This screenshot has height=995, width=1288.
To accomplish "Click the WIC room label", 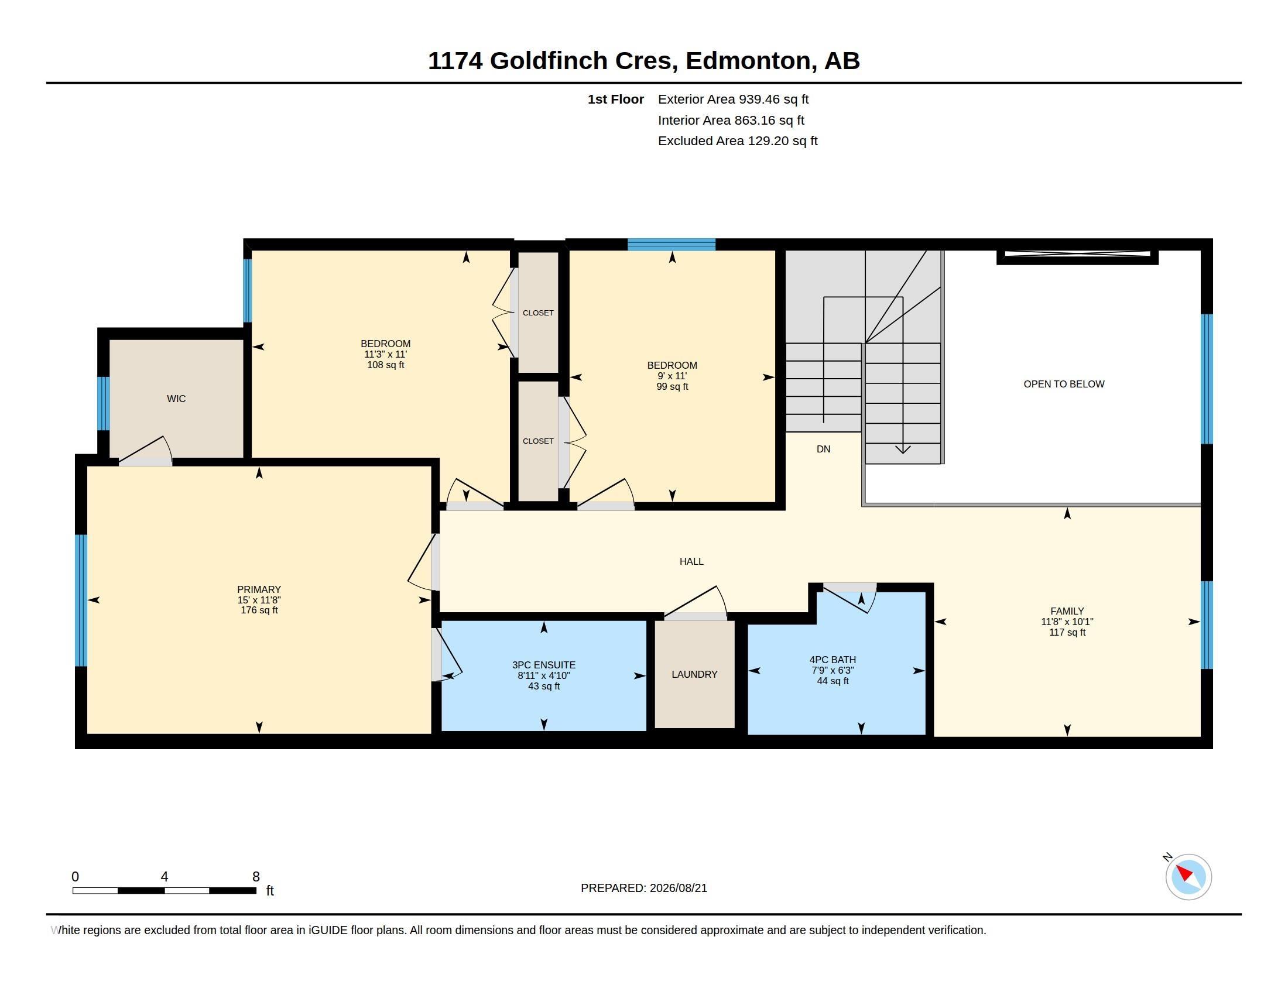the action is click(176, 399).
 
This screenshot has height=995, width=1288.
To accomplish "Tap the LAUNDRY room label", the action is click(694, 674).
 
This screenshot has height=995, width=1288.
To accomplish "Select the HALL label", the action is click(691, 562).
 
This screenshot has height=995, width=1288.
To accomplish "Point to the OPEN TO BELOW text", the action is click(1064, 385).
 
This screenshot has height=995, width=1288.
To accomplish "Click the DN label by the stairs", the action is click(823, 449).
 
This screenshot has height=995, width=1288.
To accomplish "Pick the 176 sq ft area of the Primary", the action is click(259, 610).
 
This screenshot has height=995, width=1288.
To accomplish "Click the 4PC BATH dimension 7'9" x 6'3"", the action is click(833, 670).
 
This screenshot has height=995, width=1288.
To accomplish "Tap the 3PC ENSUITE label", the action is click(544, 665).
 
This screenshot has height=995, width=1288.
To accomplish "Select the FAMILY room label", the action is click(1067, 611).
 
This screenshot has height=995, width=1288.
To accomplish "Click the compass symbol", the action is click(1188, 877).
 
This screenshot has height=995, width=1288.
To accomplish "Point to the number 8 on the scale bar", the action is click(256, 877).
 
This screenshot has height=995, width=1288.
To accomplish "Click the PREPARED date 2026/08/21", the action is click(678, 888).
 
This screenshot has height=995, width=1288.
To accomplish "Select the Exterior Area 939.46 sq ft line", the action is click(733, 99).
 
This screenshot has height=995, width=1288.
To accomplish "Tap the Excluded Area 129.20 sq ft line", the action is click(738, 141).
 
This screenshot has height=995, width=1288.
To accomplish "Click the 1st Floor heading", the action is click(616, 99).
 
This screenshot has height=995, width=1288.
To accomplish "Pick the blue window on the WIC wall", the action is click(103, 403).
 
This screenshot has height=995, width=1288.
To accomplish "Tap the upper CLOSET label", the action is click(538, 313).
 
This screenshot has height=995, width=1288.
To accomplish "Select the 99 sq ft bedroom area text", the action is click(672, 387).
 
